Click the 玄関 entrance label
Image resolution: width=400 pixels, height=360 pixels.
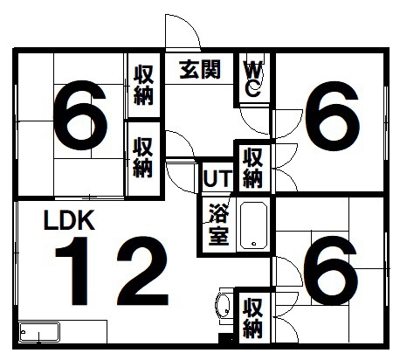[200, 69]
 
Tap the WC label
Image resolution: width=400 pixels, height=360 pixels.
[253, 80]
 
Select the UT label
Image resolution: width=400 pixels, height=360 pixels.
[217, 178]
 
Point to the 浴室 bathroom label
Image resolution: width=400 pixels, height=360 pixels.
[219, 225]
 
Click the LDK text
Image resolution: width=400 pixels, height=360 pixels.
[69, 220]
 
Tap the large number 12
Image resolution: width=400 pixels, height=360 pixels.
[112, 271]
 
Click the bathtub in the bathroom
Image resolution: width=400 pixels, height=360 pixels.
[253, 225]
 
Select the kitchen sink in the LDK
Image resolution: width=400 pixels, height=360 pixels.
[39, 332]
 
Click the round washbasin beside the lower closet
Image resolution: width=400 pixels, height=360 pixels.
[223, 305]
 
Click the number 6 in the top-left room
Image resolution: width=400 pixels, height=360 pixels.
[80, 115]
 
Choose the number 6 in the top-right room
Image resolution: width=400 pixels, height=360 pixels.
[332, 116]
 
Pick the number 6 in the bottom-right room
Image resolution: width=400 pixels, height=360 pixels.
[330, 270]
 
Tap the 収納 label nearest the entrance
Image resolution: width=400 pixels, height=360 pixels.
[143, 85]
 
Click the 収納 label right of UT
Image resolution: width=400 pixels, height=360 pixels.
[252, 168]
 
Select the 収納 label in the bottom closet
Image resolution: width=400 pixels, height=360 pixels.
[252, 318]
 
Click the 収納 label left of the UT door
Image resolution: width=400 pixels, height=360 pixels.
[142, 157]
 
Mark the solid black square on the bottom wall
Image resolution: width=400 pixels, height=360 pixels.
[226, 340]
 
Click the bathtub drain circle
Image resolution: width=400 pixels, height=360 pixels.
[254, 244]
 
